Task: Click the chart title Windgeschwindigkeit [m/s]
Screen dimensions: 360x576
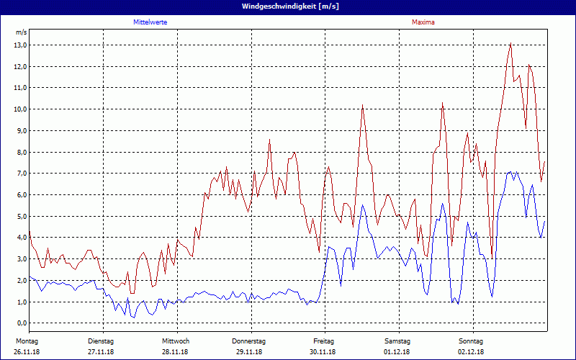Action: pyautogui.click(x=287, y=6)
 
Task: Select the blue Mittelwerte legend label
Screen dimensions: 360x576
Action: pyautogui.click(x=150, y=22)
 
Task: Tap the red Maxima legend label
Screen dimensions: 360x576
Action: pyautogui.click(x=423, y=22)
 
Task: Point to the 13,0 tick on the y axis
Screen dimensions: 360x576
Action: pyautogui.click(x=21, y=45)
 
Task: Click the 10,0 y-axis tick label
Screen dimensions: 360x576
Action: pyautogui.click(x=21, y=109)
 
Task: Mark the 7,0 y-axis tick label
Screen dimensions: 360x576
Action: pyautogui.click(x=21, y=174)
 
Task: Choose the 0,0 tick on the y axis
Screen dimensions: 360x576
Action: pyautogui.click(x=21, y=323)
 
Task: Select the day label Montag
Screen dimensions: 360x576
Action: pyautogui.click(x=27, y=341)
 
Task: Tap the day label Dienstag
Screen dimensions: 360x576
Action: pyautogui.click(x=101, y=341)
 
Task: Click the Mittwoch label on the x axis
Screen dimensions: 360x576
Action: pyautogui.click(x=176, y=341)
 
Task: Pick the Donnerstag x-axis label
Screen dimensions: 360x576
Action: pyautogui.click(x=249, y=341)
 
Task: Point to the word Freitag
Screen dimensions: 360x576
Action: pyautogui.click(x=324, y=341)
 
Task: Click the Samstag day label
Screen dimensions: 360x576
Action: pyautogui.click(x=397, y=341)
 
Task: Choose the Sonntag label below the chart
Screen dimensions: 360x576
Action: pyautogui.click(x=471, y=341)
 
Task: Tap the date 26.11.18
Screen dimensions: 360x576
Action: pyautogui.click(x=27, y=352)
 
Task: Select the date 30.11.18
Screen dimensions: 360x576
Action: pyautogui.click(x=323, y=352)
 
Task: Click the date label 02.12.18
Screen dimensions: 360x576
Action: pyautogui.click(x=471, y=352)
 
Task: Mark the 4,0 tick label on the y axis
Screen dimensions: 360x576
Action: pyautogui.click(x=21, y=238)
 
